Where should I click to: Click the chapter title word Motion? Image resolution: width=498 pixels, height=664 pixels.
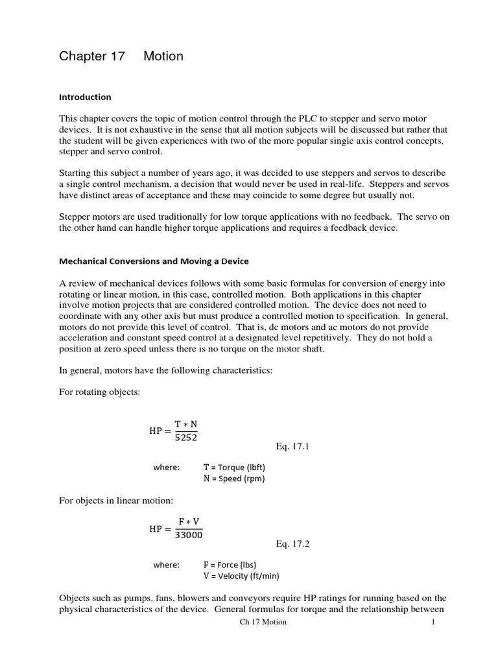163,56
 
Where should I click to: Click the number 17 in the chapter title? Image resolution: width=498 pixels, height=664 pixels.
113,56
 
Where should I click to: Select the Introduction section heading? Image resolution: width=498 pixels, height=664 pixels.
85,97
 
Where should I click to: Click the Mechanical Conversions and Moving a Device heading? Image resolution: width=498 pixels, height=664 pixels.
154,261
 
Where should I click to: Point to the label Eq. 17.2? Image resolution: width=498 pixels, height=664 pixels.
292,544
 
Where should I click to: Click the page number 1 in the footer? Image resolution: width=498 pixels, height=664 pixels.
433,622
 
